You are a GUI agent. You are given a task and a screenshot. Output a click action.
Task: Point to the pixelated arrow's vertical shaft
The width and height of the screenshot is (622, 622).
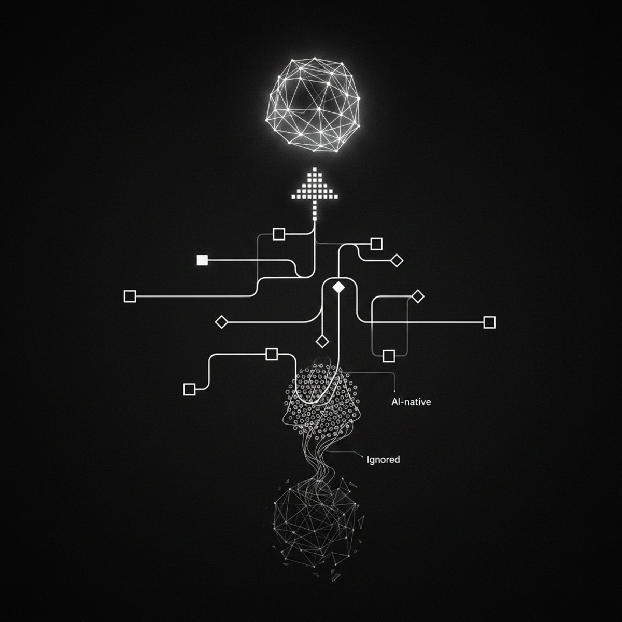[x=315, y=210]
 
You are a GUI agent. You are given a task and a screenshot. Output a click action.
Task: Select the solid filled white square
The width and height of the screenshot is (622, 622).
[x=202, y=260]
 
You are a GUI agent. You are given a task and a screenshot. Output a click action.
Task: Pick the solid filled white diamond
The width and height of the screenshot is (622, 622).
[x=338, y=287]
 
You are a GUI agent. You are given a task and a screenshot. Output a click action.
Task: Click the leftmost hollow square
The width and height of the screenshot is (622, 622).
[x=130, y=296]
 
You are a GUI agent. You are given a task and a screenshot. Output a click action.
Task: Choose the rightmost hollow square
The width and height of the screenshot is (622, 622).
[x=489, y=322]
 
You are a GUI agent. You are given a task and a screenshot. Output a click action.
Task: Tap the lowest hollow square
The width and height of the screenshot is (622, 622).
[x=189, y=389]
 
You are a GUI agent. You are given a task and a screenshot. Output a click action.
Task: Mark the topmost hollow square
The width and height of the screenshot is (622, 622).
[x=279, y=234]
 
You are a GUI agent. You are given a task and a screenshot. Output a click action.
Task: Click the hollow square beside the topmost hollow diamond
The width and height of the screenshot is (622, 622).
[x=376, y=244]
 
